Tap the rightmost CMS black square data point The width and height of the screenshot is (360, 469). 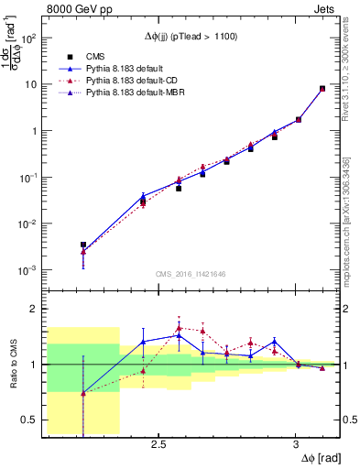click(x=322, y=89)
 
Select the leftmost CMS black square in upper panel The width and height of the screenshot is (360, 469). click(x=83, y=245)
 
